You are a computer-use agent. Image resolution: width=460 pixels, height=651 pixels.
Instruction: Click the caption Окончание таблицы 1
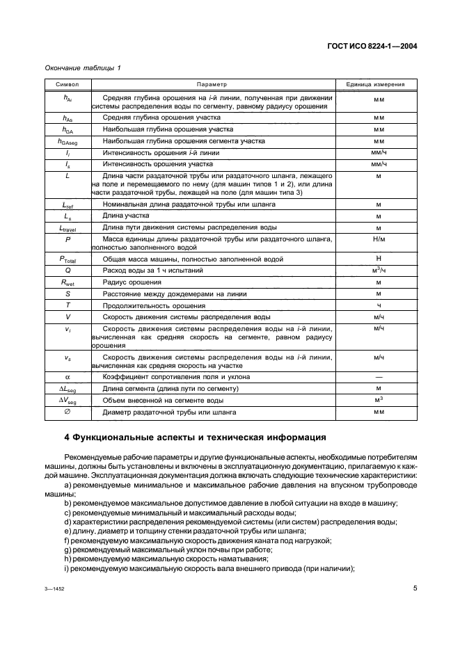tap(82, 67)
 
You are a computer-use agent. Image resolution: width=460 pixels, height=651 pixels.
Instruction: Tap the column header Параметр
tap(212, 83)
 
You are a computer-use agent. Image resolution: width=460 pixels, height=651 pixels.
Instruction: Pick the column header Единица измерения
tap(379, 83)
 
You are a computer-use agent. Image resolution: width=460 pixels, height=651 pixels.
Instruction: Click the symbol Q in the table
tap(68, 271)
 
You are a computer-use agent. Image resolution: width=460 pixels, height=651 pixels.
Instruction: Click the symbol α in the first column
tap(68, 377)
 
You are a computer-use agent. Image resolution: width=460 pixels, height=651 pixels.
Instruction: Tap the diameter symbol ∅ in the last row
tap(68, 412)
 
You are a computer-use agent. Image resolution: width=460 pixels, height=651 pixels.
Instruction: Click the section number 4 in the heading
tap(66, 438)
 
